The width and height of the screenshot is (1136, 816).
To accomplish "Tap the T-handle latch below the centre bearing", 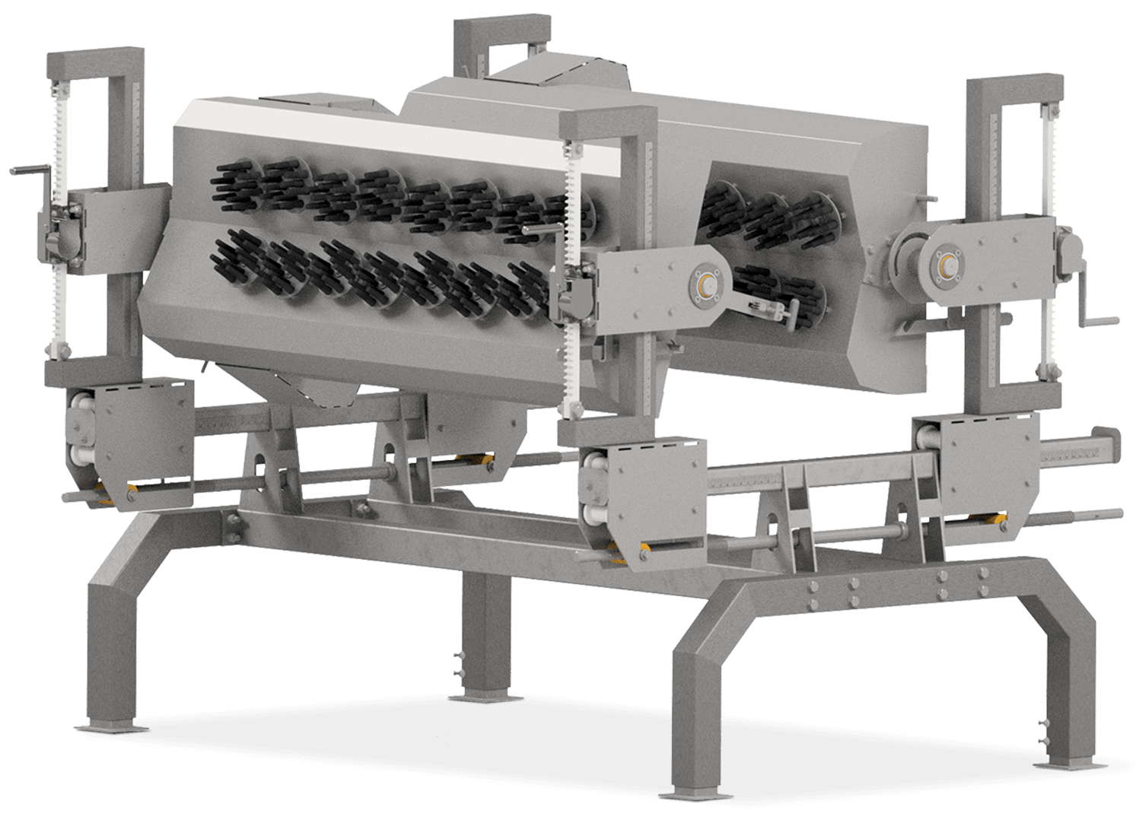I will tap(768, 307).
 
